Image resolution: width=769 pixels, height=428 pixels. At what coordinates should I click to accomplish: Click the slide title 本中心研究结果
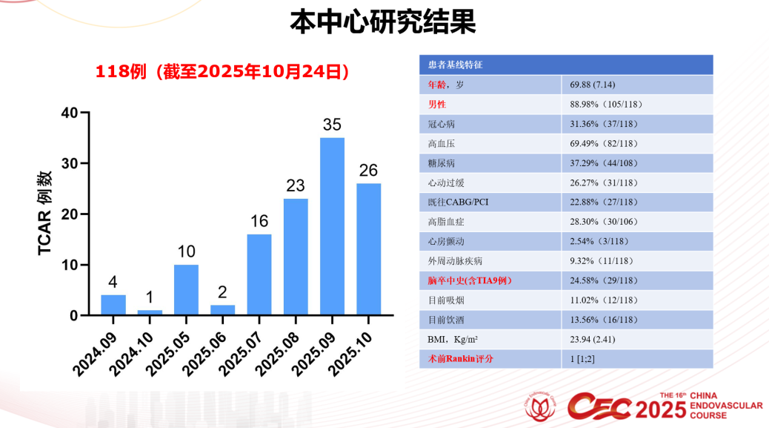click(x=382, y=22)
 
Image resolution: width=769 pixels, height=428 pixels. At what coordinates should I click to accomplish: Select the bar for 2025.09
click(x=332, y=226)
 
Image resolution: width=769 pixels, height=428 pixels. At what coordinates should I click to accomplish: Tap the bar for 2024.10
click(x=150, y=312)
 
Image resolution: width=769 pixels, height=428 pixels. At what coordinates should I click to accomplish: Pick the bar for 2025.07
click(x=259, y=274)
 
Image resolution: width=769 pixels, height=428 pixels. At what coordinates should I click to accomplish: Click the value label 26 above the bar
click(x=368, y=171)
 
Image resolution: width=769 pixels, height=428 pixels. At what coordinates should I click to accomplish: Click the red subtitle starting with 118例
click(x=222, y=72)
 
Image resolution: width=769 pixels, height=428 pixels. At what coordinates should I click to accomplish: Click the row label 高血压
click(x=442, y=143)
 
